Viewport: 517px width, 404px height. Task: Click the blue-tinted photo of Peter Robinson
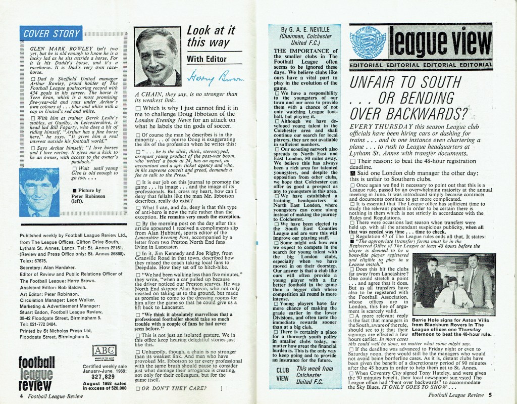tap(37, 191)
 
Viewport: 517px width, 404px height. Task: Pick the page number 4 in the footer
tap(21, 396)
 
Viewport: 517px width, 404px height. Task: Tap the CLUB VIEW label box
tap(283, 374)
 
